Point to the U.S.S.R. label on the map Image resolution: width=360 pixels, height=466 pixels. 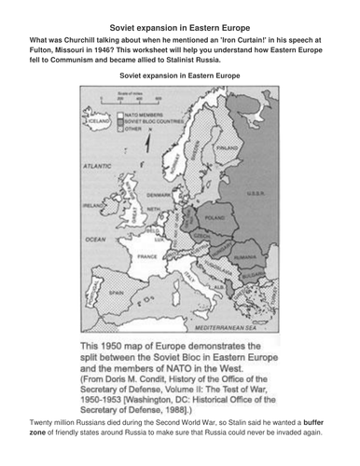point(261,192)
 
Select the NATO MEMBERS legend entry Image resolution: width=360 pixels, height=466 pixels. point(146,111)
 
